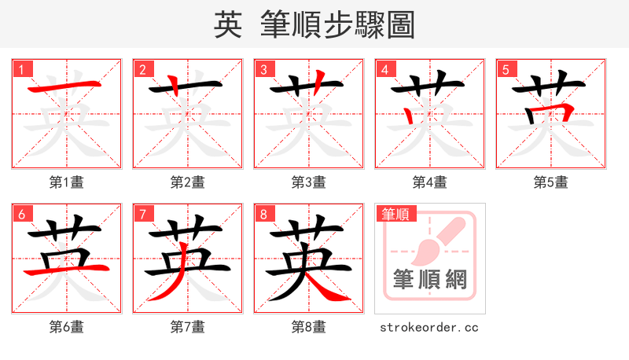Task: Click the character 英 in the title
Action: (x=227, y=24)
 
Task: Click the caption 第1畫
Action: (x=67, y=182)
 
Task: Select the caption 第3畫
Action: (x=309, y=182)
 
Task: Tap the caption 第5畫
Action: (x=551, y=182)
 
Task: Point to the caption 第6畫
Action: (x=67, y=327)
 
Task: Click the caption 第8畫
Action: (x=309, y=327)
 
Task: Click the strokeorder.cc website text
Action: (x=429, y=327)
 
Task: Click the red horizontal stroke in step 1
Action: (x=66, y=88)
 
